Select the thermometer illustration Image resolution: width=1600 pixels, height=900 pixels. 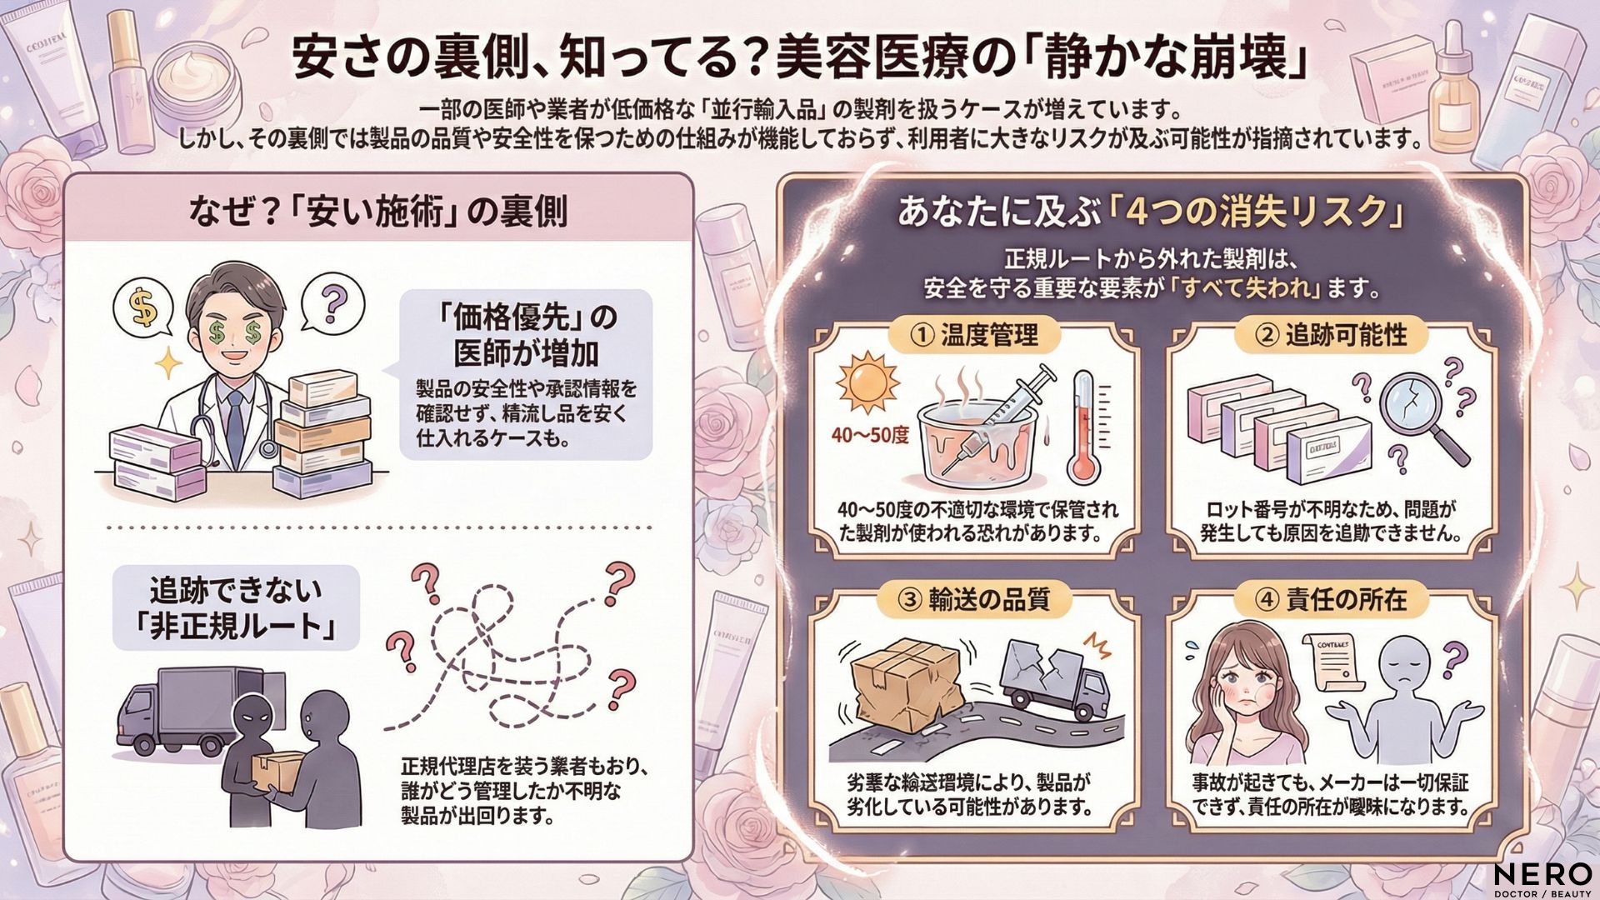pos(1082,425)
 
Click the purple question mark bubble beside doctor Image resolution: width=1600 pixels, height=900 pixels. pos(332,300)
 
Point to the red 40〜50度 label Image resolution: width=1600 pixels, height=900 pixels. pos(869,436)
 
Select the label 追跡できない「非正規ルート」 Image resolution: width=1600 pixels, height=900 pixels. pos(236,608)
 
